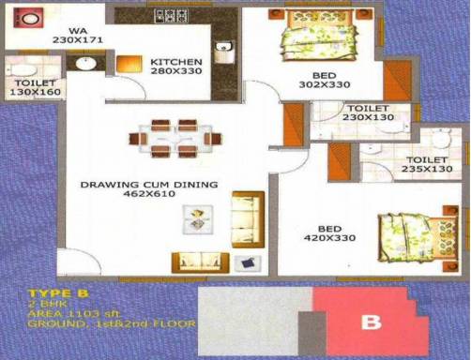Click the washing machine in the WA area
[x=27, y=19]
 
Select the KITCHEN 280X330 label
[x=175, y=67]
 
